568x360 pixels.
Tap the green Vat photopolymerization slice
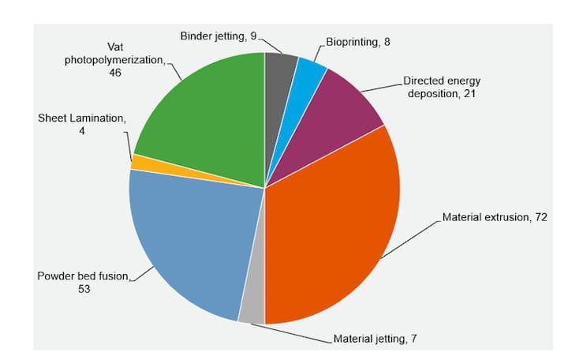click(209, 118)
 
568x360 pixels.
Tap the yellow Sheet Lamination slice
click(137, 162)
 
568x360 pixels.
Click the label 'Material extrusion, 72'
click(495, 217)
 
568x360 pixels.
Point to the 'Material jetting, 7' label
click(375, 339)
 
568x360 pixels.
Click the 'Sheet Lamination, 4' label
click(82, 125)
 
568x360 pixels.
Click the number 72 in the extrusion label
click(540, 217)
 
